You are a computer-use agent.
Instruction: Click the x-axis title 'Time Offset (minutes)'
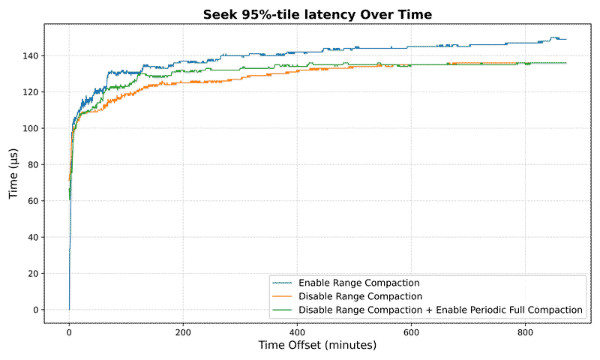[317, 346]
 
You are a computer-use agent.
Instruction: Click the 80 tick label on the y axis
[34, 165]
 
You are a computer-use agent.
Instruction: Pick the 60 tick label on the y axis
[34, 201]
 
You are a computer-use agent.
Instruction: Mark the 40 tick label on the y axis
[34, 237]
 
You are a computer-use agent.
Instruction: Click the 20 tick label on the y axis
[34, 274]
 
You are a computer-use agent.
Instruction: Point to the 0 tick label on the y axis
[36, 310]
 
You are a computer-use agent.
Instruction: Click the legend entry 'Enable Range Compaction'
[358, 283]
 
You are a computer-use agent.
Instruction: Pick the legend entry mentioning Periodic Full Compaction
[440, 309]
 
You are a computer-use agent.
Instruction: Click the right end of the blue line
[566, 39]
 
